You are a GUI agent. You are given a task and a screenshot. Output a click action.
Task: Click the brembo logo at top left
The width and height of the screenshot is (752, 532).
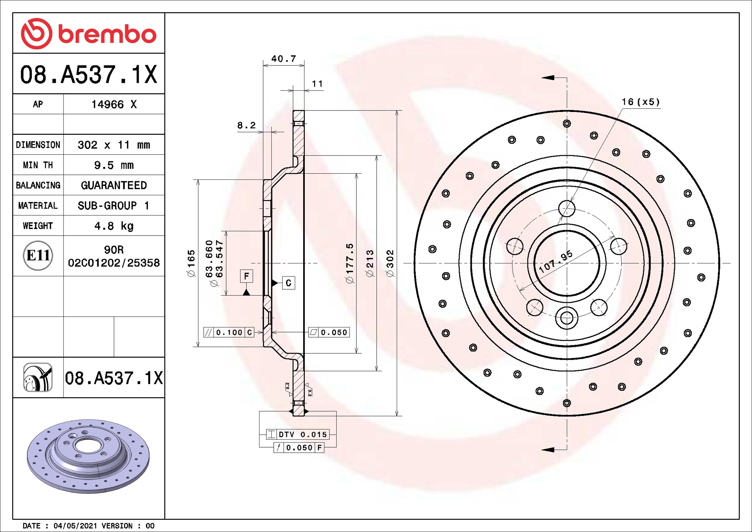pyautogui.click(x=89, y=34)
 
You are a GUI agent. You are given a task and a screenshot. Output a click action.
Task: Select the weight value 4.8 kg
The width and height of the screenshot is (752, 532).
pyautogui.click(x=114, y=226)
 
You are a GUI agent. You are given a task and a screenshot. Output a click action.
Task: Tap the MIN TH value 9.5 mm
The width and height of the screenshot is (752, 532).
pyautogui.click(x=114, y=165)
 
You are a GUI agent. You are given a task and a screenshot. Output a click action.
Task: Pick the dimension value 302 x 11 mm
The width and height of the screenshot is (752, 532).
pyautogui.click(x=114, y=145)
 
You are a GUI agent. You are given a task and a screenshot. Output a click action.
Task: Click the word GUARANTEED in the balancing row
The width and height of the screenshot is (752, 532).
pyautogui.click(x=114, y=185)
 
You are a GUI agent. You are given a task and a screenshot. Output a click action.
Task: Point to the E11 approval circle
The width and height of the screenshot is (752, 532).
pyautogui.click(x=38, y=255)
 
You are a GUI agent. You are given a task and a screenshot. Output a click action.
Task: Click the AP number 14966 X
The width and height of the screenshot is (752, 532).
pyautogui.click(x=114, y=104)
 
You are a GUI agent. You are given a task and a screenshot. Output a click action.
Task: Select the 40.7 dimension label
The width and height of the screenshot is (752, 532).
pyautogui.click(x=284, y=59)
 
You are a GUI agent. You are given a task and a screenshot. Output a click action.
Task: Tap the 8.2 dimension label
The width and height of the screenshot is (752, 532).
pyautogui.click(x=247, y=125)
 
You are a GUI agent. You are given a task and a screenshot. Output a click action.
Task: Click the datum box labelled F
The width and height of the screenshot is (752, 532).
pyautogui.click(x=246, y=276)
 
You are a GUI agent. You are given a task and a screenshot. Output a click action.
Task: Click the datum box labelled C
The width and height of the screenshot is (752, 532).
pyautogui.click(x=288, y=283)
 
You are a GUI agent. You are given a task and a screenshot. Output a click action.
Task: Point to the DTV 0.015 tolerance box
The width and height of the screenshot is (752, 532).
pyautogui.click(x=298, y=434)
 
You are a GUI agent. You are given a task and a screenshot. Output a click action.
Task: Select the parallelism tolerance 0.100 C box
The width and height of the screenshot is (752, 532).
pyautogui.click(x=229, y=332)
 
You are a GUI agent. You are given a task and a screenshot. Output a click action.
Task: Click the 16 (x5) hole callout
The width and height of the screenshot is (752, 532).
pyautogui.click(x=640, y=102)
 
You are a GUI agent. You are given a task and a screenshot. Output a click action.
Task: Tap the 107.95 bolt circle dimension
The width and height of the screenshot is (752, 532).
pyautogui.click(x=556, y=262)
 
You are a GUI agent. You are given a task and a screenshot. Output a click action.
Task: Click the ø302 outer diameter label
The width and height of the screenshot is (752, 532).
pyautogui.click(x=390, y=263)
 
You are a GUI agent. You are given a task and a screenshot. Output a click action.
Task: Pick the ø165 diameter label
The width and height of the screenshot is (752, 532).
pyautogui.click(x=191, y=263)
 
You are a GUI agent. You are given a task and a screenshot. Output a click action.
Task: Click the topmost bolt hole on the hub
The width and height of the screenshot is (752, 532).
pyautogui.click(x=567, y=208)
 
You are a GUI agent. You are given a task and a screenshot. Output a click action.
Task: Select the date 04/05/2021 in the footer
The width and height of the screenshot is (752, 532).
pyautogui.click(x=75, y=526)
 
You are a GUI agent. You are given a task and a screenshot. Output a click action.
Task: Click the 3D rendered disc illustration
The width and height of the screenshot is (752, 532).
pyautogui.click(x=88, y=456)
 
